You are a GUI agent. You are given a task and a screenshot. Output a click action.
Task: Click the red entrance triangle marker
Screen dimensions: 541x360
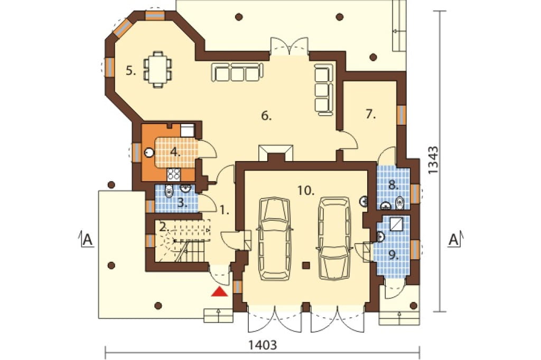point(219,292)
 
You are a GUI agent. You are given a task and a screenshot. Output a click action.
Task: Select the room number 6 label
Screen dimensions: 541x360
point(266,116)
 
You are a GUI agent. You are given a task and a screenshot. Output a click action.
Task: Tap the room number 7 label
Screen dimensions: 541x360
point(370,114)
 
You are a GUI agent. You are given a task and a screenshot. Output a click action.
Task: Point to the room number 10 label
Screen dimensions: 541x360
point(306,190)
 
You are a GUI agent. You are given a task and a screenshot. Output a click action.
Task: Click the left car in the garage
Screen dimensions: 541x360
point(275,238)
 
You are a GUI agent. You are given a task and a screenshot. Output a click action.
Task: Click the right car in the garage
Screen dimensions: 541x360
point(334,238)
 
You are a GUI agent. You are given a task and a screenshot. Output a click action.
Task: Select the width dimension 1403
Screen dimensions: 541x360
point(262,345)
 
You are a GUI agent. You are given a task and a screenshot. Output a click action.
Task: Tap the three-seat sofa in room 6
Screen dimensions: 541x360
point(238,72)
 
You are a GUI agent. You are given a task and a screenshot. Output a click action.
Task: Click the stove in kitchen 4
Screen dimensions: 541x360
point(173,175)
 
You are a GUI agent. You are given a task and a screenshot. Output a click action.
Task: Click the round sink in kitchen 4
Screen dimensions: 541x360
point(149,153)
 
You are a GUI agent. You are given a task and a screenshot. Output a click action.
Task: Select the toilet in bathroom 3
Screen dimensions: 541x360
point(169,191)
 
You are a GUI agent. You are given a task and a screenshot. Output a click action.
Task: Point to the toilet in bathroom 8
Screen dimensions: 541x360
point(399,203)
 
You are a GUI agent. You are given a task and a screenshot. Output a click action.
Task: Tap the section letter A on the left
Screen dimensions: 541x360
point(88,239)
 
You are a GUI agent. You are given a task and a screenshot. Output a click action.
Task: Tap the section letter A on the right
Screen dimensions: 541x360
point(453,239)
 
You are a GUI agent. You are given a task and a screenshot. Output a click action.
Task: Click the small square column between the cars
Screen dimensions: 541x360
point(305,265)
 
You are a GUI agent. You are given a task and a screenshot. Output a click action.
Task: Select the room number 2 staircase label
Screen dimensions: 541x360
point(164,227)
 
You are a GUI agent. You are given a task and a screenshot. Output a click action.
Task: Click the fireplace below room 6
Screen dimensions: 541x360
point(276,153)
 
